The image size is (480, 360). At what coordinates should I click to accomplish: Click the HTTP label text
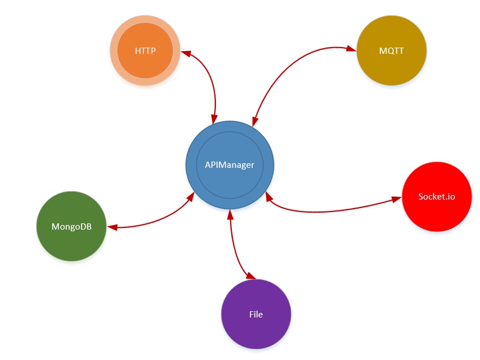coord(145,50)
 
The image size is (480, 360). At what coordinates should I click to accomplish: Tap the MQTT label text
coord(392,50)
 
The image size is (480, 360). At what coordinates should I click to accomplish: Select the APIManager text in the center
coord(230,165)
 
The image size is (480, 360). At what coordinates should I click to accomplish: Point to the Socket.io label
coord(436,197)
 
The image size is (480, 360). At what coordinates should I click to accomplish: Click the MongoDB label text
coord(71,227)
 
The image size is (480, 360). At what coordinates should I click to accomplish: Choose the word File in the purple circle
coord(256,314)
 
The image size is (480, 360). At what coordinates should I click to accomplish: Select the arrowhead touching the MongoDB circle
coord(112,228)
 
